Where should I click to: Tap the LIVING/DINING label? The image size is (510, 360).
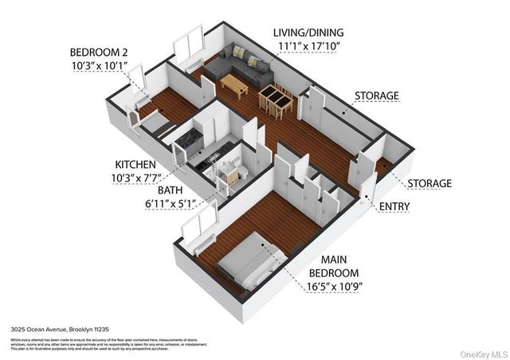point(310,33)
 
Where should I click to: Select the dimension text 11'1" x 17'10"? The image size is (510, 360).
point(310,47)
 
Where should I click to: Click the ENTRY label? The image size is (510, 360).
point(418,205)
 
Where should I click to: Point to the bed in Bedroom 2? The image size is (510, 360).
point(151,122)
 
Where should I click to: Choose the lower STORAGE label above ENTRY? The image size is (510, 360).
point(429,183)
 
